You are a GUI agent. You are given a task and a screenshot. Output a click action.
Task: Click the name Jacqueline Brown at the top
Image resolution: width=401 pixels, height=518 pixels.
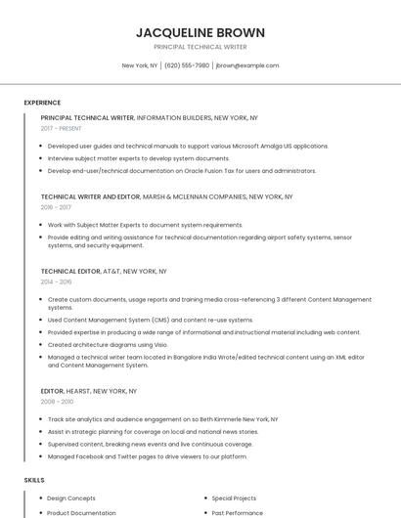(200, 32)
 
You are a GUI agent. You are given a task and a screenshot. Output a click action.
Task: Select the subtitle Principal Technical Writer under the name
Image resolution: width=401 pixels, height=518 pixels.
(200, 47)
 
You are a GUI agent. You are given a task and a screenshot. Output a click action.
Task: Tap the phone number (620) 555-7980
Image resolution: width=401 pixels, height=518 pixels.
(187, 65)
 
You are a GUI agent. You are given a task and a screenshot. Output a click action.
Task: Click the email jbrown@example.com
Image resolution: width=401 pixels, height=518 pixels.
(247, 65)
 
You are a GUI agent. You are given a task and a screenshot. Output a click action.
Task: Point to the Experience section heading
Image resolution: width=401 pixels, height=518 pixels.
(42, 103)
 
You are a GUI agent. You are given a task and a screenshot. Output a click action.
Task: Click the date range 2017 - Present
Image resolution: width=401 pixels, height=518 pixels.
(62, 128)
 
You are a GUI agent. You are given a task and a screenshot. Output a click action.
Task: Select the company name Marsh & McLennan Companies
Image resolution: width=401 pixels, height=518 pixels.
(195, 196)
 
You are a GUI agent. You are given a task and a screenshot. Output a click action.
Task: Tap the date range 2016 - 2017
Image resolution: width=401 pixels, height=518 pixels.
(56, 207)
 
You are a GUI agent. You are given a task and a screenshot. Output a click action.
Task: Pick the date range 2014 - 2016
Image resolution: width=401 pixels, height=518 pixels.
(56, 281)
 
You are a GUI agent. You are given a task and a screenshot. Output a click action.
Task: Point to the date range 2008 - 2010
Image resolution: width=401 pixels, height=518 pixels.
(56, 402)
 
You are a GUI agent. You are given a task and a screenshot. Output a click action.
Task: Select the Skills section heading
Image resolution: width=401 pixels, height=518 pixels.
(34, 481)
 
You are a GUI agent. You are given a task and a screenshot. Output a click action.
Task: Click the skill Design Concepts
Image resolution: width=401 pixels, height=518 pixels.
(71, 497)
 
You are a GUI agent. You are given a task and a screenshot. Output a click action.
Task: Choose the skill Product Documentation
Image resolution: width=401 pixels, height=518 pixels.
(81, 512)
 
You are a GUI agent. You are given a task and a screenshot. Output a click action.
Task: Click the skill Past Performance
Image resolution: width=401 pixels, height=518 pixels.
(238, 512)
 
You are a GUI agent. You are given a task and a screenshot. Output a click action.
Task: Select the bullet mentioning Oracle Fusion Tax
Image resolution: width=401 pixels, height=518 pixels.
(181, 170)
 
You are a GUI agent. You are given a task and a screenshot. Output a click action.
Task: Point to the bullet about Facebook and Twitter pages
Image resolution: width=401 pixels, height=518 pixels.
(147, 456)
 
